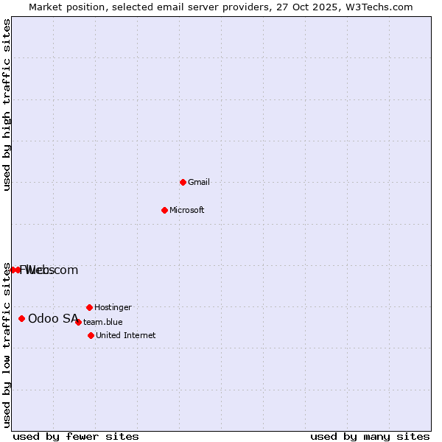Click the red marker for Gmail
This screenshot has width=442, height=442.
(x=183, y=182)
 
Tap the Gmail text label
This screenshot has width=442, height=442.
(x=199, y=182)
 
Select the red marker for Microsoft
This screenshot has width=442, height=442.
(x=164, y=210)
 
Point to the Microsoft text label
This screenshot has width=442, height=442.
(x=187, y=210)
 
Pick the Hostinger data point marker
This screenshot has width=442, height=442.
(x=89, y=307)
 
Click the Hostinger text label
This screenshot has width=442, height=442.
(x=113, y=307)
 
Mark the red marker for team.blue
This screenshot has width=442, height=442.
(x=78, y=322)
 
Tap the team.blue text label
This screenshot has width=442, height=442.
(x=103, y=322)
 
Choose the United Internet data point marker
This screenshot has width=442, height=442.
(x=91, y=335)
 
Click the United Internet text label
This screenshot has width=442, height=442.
(x=126, y=335)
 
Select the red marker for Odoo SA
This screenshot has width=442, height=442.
(x=21, y=318)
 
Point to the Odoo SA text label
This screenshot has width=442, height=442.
(x=53, y=318)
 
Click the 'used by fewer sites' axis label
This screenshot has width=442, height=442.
(x=76, y=436)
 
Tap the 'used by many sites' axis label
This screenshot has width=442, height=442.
(x=370, y=436)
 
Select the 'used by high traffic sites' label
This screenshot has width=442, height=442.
(x=7, y=105)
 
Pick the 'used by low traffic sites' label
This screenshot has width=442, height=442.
(x=7, y=345)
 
